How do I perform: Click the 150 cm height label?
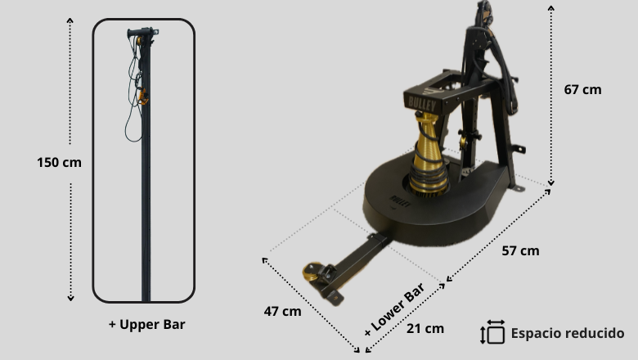point(59,162)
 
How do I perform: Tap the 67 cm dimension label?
point(582,89)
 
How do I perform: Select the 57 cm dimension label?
point(520,250)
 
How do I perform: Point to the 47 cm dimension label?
point(282,311)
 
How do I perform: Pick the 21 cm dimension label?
point(425,328)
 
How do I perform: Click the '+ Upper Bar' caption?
point(146,324)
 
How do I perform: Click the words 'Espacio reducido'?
point(568,333)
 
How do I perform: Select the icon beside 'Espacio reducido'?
point(493,332)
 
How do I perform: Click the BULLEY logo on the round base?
point(398,199)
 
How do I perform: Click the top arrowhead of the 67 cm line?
point(550,6)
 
